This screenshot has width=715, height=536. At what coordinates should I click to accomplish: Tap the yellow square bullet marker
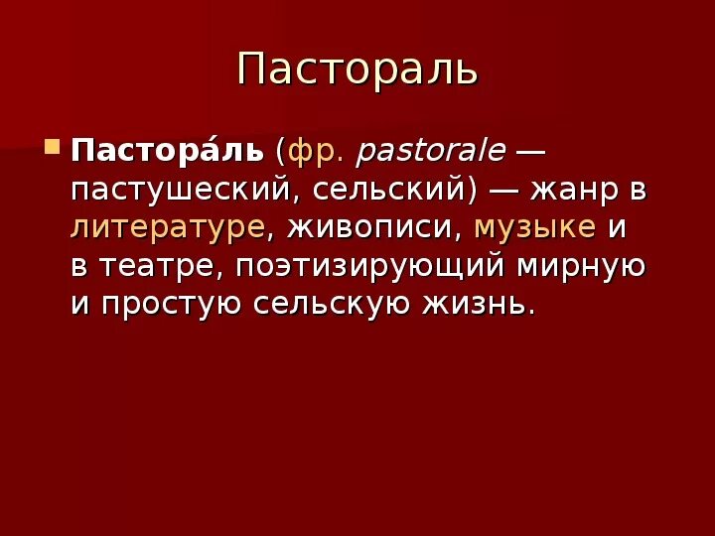tap(53, 152)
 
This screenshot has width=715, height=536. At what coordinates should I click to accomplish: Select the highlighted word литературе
tap(168, 227)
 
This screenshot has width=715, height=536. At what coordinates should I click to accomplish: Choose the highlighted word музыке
tap(535, 227)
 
